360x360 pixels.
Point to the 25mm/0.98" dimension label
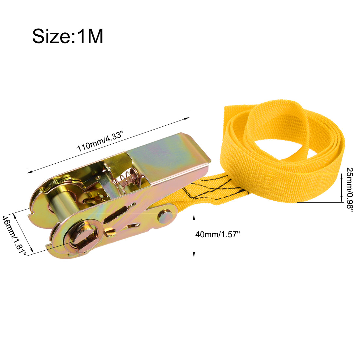349,190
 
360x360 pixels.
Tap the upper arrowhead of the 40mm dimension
194,216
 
